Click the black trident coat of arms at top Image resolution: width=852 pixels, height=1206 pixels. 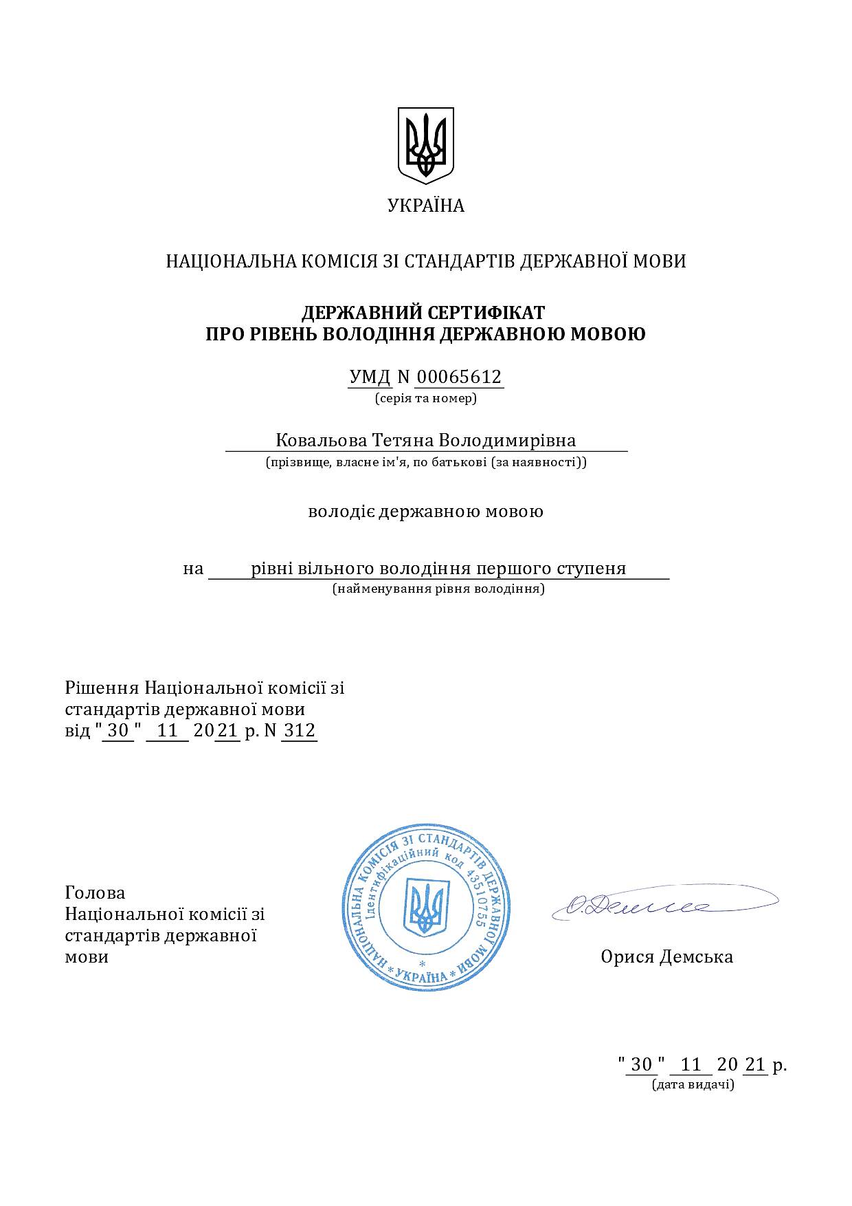point(426,145)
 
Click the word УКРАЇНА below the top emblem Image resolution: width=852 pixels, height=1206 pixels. point(426,206)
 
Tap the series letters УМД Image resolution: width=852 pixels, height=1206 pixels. point(370,377)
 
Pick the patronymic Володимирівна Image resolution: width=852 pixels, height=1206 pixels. point(507,440)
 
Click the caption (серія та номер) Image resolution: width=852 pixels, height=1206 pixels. point(426,398)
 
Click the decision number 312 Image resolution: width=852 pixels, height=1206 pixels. point(300,730)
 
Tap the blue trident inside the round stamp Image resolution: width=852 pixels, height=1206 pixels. point(426,908)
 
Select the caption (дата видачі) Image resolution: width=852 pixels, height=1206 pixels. point(693,1085)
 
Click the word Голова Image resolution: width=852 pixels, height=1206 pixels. point(96,892)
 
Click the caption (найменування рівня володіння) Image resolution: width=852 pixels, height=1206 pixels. point(438,589)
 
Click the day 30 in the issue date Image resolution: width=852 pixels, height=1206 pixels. point(641,1065)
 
